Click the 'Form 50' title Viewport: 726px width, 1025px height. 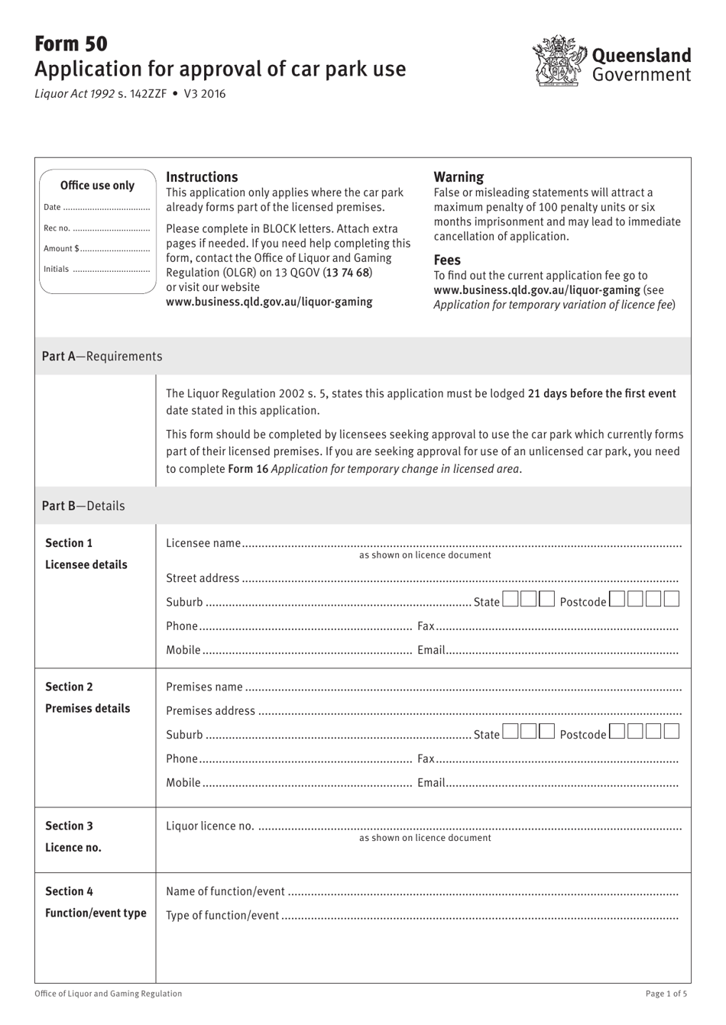point(71,44)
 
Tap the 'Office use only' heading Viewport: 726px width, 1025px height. point(97,186)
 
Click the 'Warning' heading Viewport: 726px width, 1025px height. point(459,177)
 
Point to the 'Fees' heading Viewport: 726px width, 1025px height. point(447,260)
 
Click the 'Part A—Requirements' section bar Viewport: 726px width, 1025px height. point(362,356)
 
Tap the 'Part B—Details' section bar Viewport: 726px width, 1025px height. point(362,506)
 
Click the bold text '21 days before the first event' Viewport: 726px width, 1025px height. point(601,394)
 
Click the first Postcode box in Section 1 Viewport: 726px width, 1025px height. point(617,599)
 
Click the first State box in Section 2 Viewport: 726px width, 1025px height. point(510,732)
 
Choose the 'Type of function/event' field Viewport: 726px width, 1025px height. point(479,916)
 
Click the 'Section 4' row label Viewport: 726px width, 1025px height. point(69,891)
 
